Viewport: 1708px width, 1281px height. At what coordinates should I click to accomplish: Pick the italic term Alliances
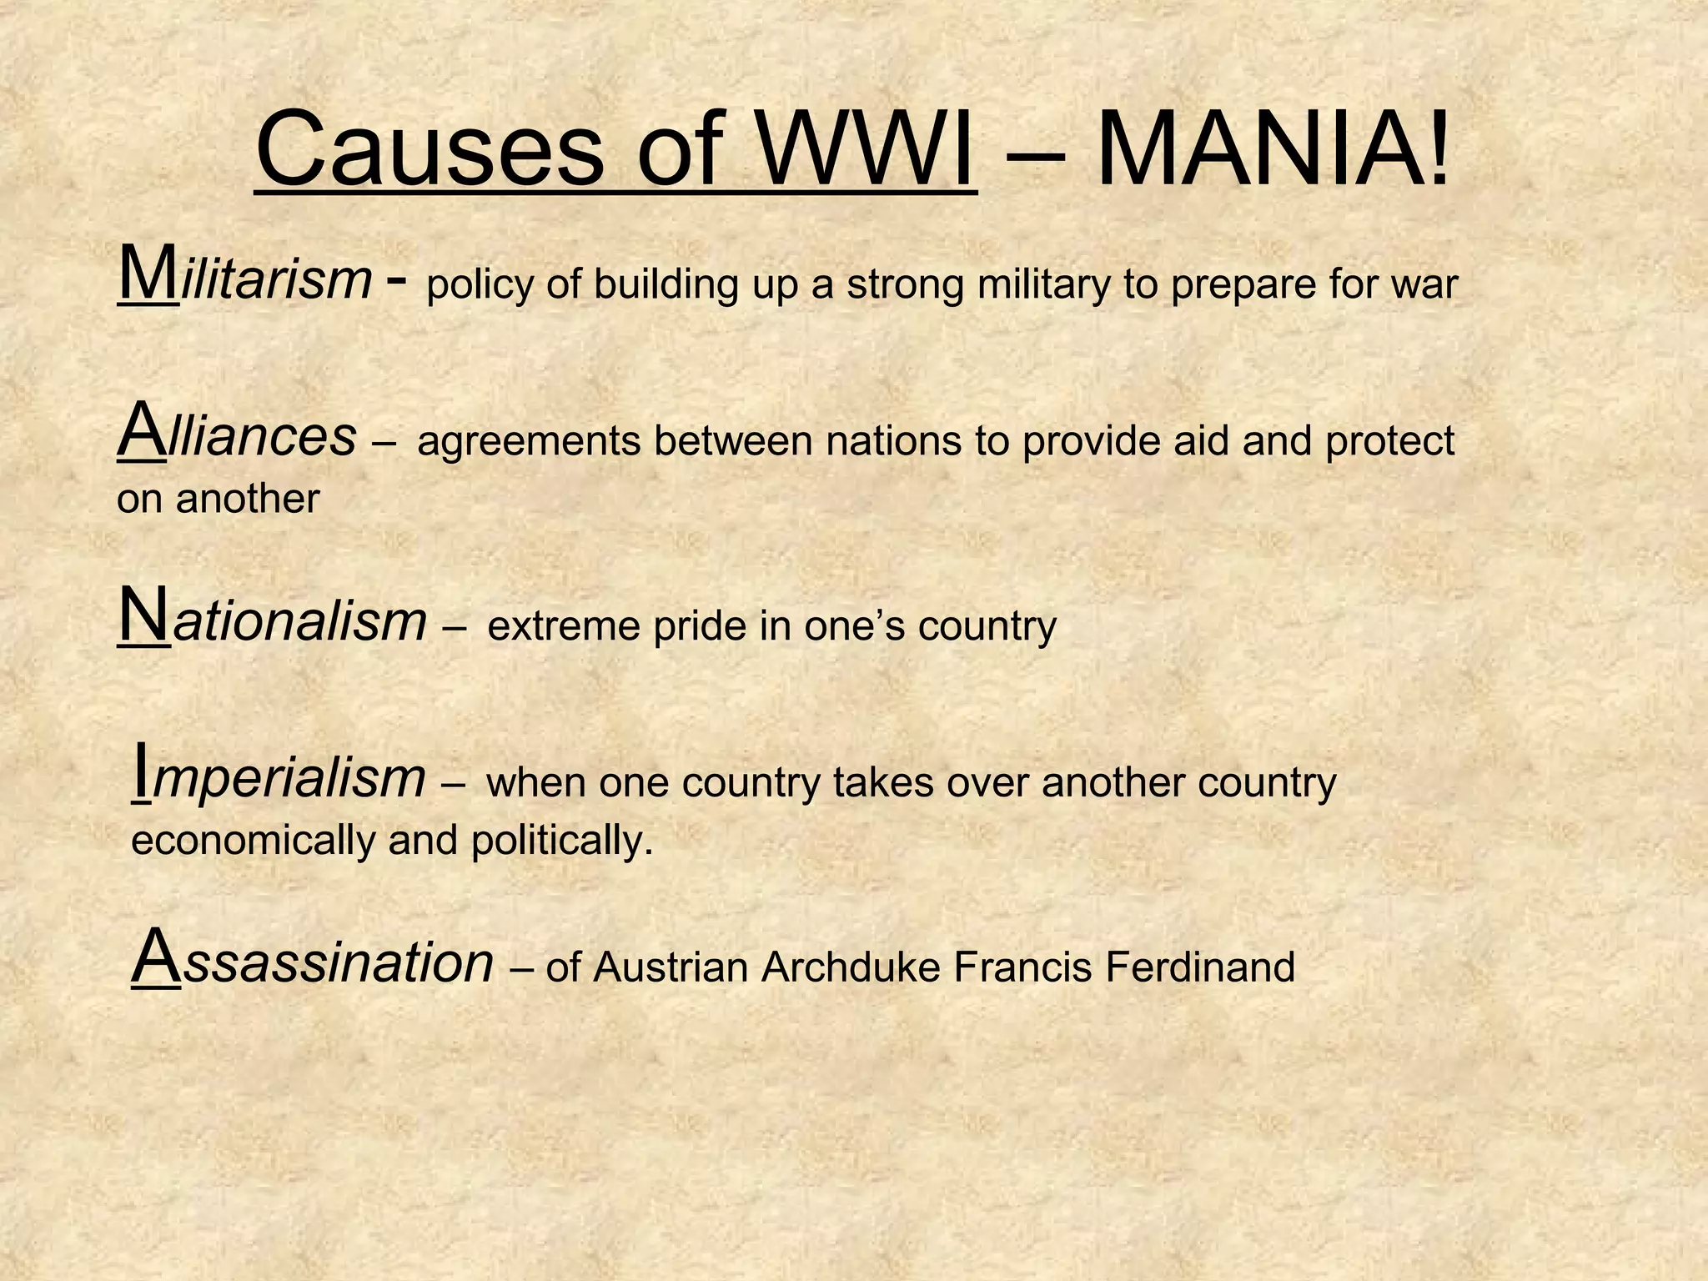237,435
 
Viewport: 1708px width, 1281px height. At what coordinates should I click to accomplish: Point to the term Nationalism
273,620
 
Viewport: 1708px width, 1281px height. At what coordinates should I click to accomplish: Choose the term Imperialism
279,777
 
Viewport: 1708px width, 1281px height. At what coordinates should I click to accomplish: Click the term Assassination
313,962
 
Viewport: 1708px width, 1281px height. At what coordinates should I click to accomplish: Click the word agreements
529,442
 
